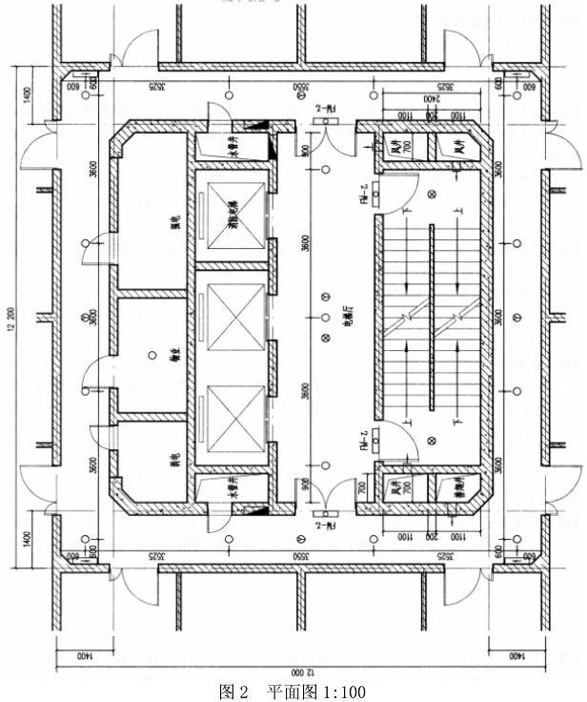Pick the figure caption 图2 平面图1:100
[292, 692]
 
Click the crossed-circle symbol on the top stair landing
[432, 195]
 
